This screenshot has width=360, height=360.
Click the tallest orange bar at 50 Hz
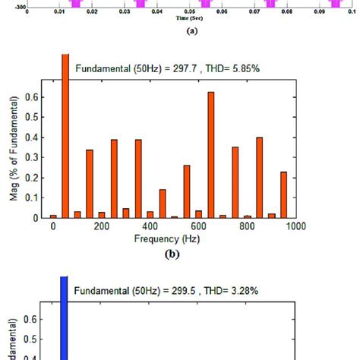(x=65, y=137)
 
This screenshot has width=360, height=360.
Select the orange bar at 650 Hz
(x=210, y=155)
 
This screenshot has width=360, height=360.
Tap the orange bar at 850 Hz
(x=259, y=178)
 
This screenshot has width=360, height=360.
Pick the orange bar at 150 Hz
(x=90, y=184)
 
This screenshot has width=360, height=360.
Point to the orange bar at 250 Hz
(x=114, y=179)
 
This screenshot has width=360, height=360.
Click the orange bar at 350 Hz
(x=138, y=179)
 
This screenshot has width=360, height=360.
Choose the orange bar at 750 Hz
(x=235, y=182)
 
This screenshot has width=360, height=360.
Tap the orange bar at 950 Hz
(x=283, y=194)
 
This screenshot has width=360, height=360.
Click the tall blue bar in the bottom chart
(x=64, y=319)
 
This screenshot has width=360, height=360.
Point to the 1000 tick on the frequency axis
(x=295, y=226)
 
